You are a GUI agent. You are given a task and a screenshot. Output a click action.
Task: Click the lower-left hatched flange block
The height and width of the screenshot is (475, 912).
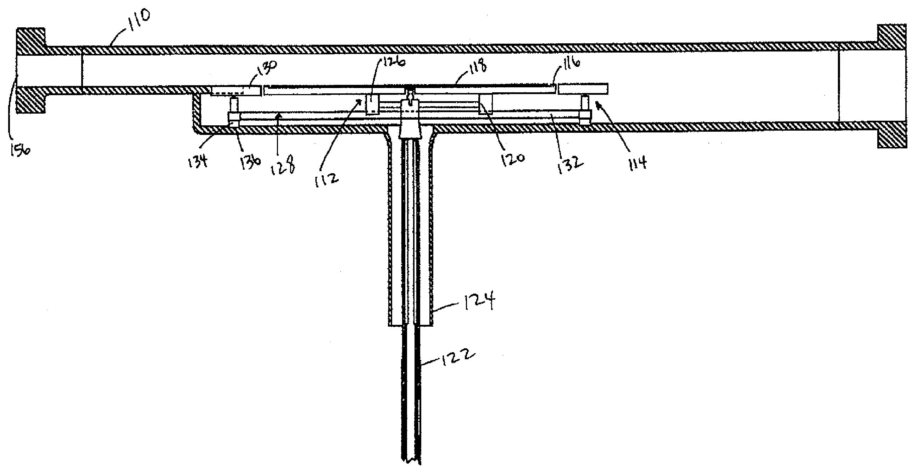(x=31, y=100)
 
